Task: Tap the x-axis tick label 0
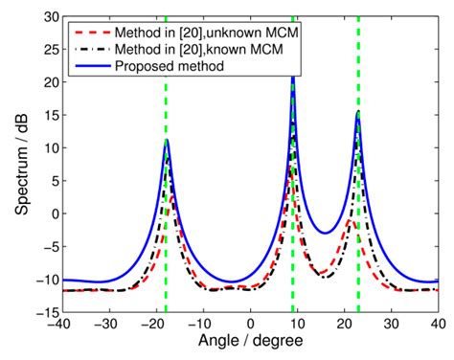[250, 325]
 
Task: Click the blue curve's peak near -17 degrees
[167, 140]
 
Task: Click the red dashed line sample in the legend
[90, 33]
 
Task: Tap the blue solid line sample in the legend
[90, 66]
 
